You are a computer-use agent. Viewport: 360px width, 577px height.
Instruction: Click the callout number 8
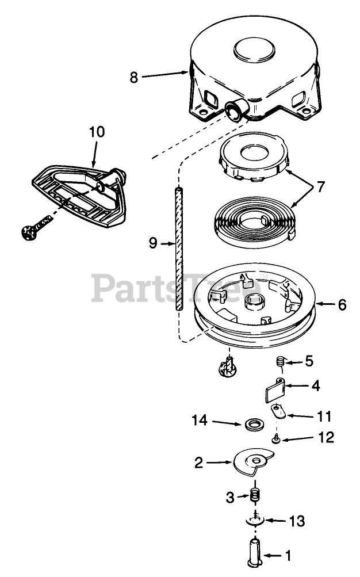tap(134, 77)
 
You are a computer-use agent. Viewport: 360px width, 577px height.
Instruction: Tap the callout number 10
tap(97, 132)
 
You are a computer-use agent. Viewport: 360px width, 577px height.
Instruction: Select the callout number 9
tap(152, 243)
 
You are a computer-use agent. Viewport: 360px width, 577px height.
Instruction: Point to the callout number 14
tap(200, 422)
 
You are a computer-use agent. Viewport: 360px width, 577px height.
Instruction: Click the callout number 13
tap(297, 522)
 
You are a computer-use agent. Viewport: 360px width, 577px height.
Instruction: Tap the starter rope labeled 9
tap(179, 247)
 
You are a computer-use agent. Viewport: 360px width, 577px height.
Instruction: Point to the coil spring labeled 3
tap(255, 495)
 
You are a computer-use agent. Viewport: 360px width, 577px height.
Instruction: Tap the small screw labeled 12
tap(275, 440)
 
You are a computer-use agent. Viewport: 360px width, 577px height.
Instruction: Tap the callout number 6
tap(342, 304)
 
